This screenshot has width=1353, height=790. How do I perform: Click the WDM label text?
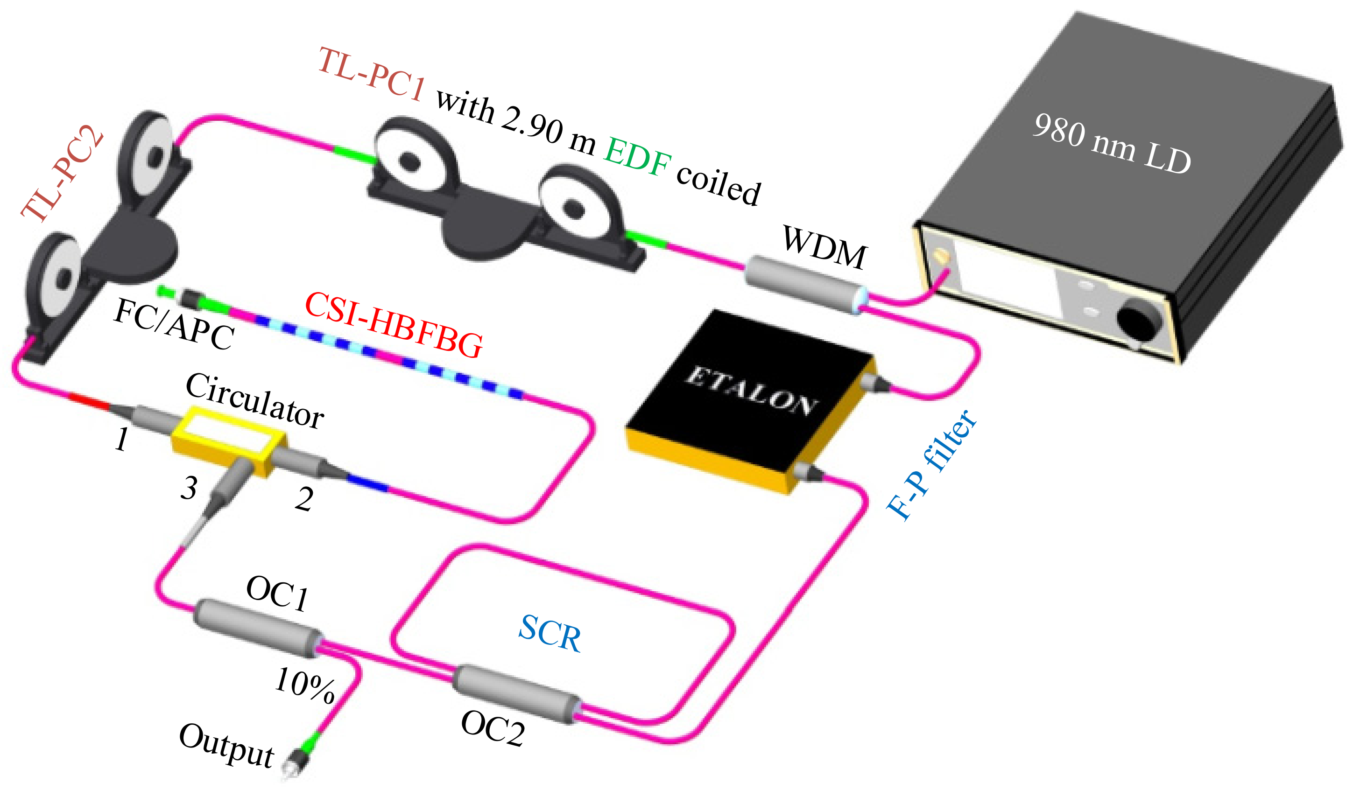[x=824, y=247]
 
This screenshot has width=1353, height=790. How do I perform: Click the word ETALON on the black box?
[x=752, y=390]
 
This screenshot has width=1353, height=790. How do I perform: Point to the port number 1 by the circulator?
[x=122, y=440]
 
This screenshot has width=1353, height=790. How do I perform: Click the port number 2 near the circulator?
[x=304, y=499]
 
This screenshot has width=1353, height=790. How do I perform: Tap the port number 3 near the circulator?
[x=189, y=487]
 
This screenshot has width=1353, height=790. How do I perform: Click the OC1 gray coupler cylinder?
[x=257, y=628]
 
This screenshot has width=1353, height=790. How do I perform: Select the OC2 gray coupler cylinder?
[x=515, y=694]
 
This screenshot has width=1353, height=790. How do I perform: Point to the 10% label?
[x=304, y=685]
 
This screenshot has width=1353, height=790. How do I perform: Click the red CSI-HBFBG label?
[x=394, y=325]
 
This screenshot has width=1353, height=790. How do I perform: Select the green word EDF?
[x=637, y=157]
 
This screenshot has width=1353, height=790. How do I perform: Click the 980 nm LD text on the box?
[x=1111, y=144]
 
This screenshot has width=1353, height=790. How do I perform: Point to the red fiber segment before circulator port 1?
[x=89, y=401]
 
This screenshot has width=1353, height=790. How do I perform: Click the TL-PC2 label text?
[x=62, y=173]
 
